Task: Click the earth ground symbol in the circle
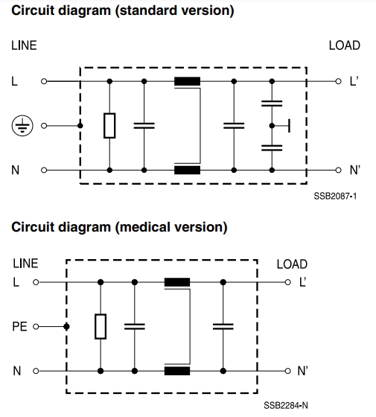22,126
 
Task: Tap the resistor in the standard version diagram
109,126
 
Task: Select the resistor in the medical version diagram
101,326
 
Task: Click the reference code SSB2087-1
335,197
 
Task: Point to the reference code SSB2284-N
286,406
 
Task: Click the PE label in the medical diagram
19,327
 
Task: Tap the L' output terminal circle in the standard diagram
338,81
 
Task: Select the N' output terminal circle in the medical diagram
287,371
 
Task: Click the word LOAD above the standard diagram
345,45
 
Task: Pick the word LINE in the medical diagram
25,264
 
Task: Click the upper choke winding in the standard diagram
187,81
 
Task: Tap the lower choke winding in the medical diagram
177,371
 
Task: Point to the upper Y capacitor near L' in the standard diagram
272,104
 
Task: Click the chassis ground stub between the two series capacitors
289,126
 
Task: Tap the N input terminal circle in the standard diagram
44,171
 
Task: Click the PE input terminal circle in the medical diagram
36,327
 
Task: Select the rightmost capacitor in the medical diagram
223,326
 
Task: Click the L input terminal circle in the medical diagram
36,282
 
